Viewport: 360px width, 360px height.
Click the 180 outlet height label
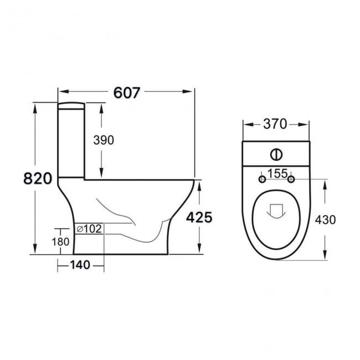pyautogui.click(x=61, y=241)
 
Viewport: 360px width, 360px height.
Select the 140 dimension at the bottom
pyautogui.click(x=80, y=265)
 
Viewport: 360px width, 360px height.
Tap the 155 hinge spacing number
pyautogui.click(x=276, y=174)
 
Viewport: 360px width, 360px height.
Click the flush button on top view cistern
pyautogui.click(x=275, y=153)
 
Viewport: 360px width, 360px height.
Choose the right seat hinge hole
pyautogui.click(x=291, y=179)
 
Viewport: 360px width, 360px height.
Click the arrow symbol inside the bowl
pyautogui.click(x=275, y=210)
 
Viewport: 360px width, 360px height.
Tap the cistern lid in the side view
pyautogui.click(x=71, y=105)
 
